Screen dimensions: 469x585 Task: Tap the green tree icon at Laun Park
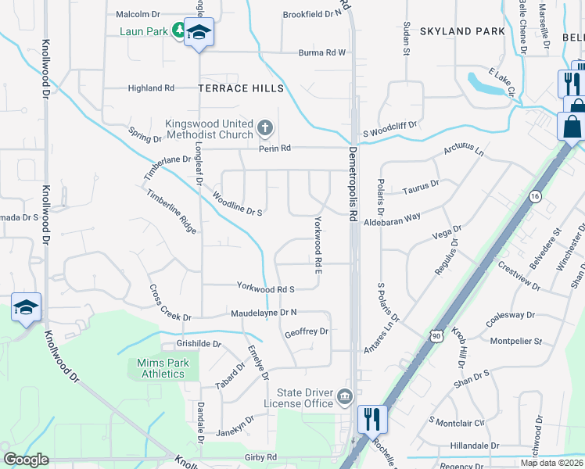pyautogui.click(x=178, y=30)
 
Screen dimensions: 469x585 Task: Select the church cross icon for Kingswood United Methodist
pyautogui.click(x=265, y=127)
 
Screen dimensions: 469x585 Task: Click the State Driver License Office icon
pyautogui.click(x=344, y=398)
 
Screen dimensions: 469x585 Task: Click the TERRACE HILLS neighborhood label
pyautogui.click(x=241, y=89)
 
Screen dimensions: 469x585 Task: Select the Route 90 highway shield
pyautogui.click(x=436, y=335)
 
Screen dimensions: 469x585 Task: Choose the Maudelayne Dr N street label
pyautogui.click(x=264, y=313)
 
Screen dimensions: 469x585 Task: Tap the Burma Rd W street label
pyautogui.click(x=321, y=53)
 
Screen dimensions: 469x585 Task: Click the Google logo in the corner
pyautogui.click(x=26, y=460)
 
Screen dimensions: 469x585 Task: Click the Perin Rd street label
pyautogui.click(x=275, y=148)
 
